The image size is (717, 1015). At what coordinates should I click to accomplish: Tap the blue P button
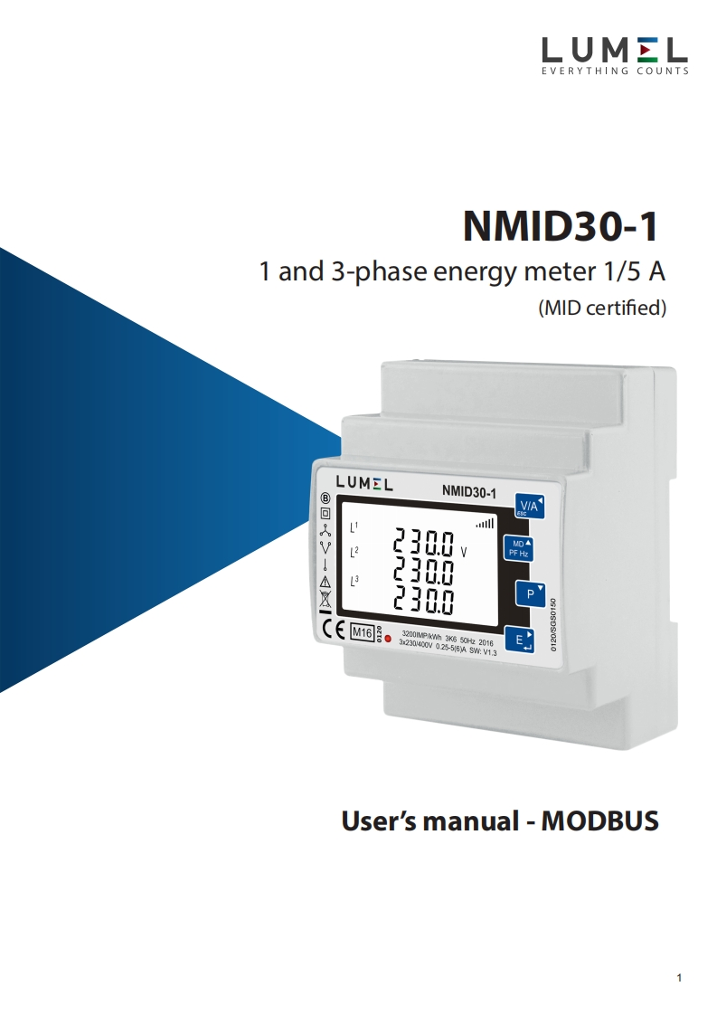tap(527, 593)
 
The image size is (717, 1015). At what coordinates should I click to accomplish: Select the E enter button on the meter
tap(522, 640)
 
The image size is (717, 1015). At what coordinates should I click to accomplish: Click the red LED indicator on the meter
tap(389, 640)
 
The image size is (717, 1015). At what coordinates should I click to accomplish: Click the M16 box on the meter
tap(362, 631)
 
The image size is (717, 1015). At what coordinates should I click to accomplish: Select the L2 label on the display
tap(354, 551)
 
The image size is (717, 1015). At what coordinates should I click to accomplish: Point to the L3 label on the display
tap(354, 581)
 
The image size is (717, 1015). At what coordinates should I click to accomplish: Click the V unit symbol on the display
tap(464, 550)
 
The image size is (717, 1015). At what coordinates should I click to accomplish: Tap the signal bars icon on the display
tap(486, 522)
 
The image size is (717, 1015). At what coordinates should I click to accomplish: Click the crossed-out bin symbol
tap(325, 599)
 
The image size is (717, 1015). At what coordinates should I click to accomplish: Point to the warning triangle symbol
tap(325, 582)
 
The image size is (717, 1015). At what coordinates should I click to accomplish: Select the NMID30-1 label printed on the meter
tap(469, 491)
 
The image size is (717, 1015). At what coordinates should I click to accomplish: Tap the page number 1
tap(679, 978)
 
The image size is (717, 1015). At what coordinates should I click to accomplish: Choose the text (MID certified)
tap(602, 308)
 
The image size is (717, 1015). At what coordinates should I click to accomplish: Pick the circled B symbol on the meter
tap(325, 498)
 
